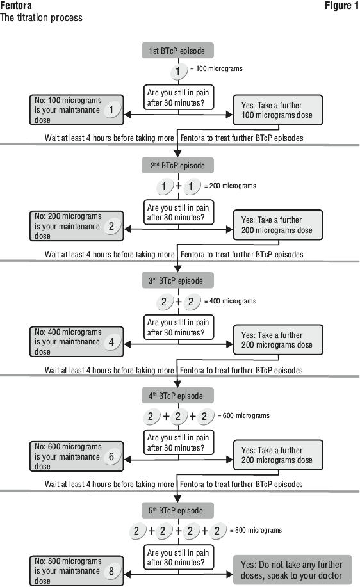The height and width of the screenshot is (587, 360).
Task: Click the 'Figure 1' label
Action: click(x=341, y=6)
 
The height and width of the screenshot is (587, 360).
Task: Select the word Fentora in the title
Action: click(x=16, y=6)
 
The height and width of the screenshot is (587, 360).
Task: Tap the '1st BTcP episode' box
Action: click(x=177, y=51)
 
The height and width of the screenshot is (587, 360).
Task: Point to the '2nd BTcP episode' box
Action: click(x=177, y=165)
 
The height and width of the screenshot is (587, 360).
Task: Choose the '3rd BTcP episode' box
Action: click(x=177, y=280)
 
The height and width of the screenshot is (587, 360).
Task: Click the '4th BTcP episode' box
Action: click(x=177, y=396)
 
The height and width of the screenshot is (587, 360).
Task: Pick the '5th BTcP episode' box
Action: click(x=177, y=510)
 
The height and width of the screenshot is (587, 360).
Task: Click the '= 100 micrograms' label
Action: click(x=217, y=68)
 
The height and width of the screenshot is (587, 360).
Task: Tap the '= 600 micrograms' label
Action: click(x=243, y=415)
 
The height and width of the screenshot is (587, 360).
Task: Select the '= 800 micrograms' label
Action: click(x=256, y=530)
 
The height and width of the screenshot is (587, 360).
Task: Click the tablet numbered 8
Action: click(x=111, y=571)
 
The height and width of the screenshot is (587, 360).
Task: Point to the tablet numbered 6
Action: click(x=111, y=456)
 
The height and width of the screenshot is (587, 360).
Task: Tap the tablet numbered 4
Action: click(x=111, y=341)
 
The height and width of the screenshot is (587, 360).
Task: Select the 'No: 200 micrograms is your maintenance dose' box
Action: click(x=76, y=226)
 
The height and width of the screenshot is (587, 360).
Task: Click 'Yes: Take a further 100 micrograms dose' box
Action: click(x=277, y=110)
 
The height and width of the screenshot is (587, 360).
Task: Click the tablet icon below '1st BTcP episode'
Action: click(x=178, y=71)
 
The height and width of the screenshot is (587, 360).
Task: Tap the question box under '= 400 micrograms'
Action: click(x=178, y=327)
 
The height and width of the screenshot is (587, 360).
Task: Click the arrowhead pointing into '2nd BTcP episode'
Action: click(x=178, y=154)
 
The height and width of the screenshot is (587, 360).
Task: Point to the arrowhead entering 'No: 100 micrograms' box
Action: click(x=127, y=115)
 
